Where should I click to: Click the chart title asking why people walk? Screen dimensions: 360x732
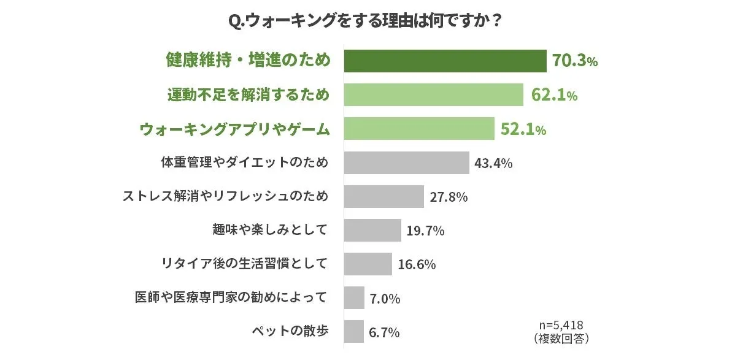click(x=366, y=21)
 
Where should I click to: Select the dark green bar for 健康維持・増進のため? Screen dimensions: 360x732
click(x=445, y=61)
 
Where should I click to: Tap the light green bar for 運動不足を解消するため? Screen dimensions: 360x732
click(x=433, y=95)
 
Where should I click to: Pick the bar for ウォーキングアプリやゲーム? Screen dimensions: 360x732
click(x=419, y=129)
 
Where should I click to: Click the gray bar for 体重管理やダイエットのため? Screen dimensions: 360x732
click(x=406, y=163)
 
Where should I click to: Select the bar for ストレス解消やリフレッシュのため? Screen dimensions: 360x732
click(x=383, y=197)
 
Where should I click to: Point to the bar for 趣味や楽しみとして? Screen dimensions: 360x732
click(x=372, y=231)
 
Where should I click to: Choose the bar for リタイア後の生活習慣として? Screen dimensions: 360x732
click(x=368, y=264)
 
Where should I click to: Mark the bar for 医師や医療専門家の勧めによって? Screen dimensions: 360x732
click(x=354, y=298)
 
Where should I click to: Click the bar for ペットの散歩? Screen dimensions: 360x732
click(x=353, y=332)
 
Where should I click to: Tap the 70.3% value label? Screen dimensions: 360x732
click(x=574, y=61)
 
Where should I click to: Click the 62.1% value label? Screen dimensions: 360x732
click(x=553, y=95)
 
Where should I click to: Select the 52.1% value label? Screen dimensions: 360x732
click(x=523, y=129)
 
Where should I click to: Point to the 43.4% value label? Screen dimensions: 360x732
click(x=493, y=163)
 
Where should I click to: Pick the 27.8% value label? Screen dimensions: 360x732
click(x=449, y=197)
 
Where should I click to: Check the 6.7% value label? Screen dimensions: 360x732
click(x=384, y=332)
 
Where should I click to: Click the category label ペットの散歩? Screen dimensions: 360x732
click(x=290, y=331)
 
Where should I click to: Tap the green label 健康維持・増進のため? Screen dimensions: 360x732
click(x=248, y=60)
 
